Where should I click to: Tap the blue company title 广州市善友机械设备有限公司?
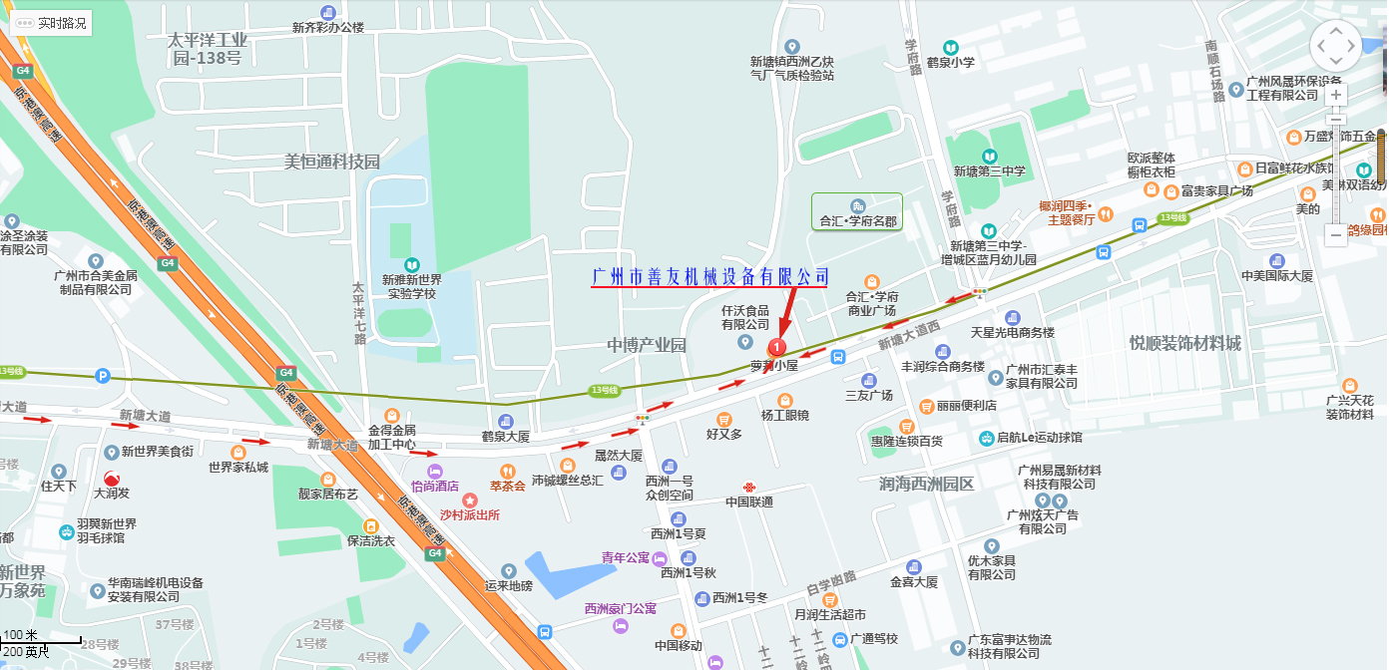click(709, 275)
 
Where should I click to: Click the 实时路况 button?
click(52, 23)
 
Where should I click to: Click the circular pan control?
click(1335, 46)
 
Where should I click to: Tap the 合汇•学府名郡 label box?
click(857, 212)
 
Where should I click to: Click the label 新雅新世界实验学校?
click(412, 286)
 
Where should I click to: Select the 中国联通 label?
click(748, 502)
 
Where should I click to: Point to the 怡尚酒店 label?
click(434, 487)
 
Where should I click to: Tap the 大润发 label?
click(113, 492)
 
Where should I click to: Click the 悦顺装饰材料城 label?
click(1184, 343)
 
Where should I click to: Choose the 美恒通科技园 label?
click(332, 162)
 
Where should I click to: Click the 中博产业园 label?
click(647, 345)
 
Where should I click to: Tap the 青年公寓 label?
click(625, 557)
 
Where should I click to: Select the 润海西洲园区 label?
click(926, 484)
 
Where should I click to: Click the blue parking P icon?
click(101, 376)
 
